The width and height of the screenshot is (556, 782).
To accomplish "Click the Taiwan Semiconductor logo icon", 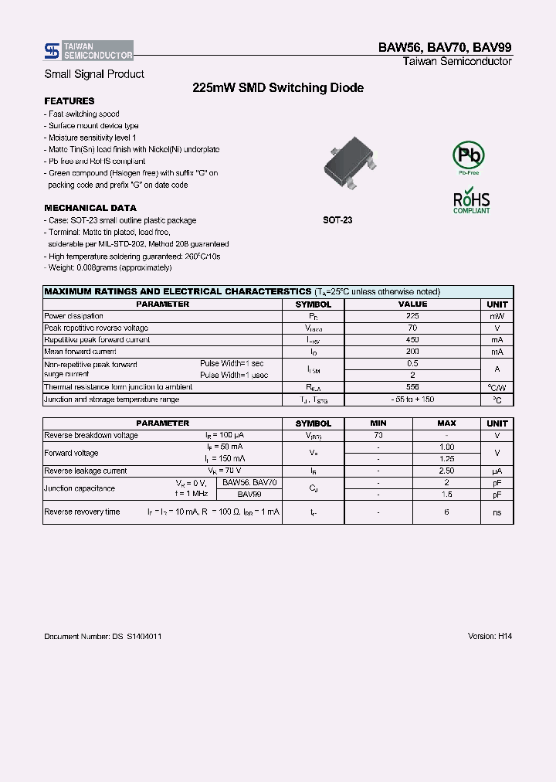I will [51, 51].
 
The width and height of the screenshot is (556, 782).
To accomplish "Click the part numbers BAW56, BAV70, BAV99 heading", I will [444, 47].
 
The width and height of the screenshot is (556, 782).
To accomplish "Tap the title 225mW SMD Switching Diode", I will [278, 88].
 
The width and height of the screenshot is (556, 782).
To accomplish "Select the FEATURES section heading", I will [69, 101].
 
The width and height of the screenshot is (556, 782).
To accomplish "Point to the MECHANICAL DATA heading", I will [90, 208].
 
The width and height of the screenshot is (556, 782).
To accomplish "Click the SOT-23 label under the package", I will [337, 220].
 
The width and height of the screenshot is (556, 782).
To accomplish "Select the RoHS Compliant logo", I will [471, 200].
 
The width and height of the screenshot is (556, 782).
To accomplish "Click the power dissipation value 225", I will [412, 316].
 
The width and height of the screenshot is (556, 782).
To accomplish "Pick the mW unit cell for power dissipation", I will [497, 316].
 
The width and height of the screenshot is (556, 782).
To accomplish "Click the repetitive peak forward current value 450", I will [412, 340].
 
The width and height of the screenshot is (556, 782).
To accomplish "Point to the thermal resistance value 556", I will [412, 386].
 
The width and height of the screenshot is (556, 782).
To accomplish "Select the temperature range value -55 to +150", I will [412, 399].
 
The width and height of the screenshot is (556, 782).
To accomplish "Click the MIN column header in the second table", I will [378, 423].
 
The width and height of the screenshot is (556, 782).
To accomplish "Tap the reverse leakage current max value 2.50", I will [446, 471].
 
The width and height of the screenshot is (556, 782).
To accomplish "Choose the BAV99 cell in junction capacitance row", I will [249, 494].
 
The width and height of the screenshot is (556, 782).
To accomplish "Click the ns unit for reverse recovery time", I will [497, 512].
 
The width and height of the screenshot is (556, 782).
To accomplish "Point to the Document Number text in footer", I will [103, 636].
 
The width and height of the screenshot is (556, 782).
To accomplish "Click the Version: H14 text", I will [490, 636].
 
